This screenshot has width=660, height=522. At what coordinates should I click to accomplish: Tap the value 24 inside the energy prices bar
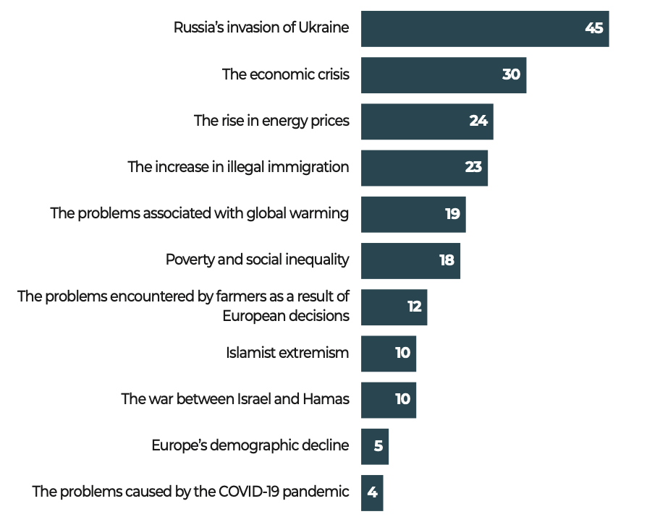(x=478, y=121)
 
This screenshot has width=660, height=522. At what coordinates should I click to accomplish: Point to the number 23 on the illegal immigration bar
(x=473, y=168)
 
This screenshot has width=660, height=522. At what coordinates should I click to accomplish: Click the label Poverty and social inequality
(x=258, y=260)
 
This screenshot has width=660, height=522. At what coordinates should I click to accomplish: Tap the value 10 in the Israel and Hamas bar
(x=402, y=399)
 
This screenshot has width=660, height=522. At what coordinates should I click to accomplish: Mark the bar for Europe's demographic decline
(x=374, y=446)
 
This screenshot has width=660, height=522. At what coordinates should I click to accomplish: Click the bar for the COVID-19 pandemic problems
(x=371, y=492)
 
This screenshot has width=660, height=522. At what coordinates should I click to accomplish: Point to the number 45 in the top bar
(x=594, y=29)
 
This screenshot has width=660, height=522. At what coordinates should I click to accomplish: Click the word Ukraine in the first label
(x=324, y=28)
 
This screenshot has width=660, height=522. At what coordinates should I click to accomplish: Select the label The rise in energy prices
(x=271, y=121)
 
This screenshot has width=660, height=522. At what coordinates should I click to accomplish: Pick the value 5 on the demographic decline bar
(x=378, y=446)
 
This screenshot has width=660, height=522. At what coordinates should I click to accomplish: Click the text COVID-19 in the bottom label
(x=245, y=492)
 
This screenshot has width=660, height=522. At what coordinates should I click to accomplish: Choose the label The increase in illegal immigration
(x=238, y=167)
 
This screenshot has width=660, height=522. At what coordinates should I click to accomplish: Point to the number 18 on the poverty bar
(x=447, y=260)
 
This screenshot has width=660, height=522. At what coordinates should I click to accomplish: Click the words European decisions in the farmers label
(x=286, y=316)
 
